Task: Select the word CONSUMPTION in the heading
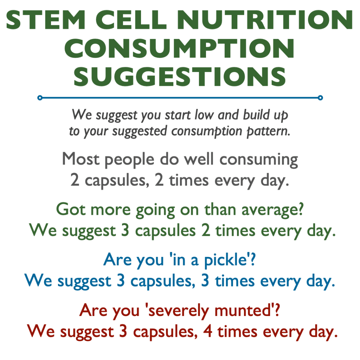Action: (180, 49)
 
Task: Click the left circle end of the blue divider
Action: (40, 97)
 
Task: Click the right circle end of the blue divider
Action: (320, 97)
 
